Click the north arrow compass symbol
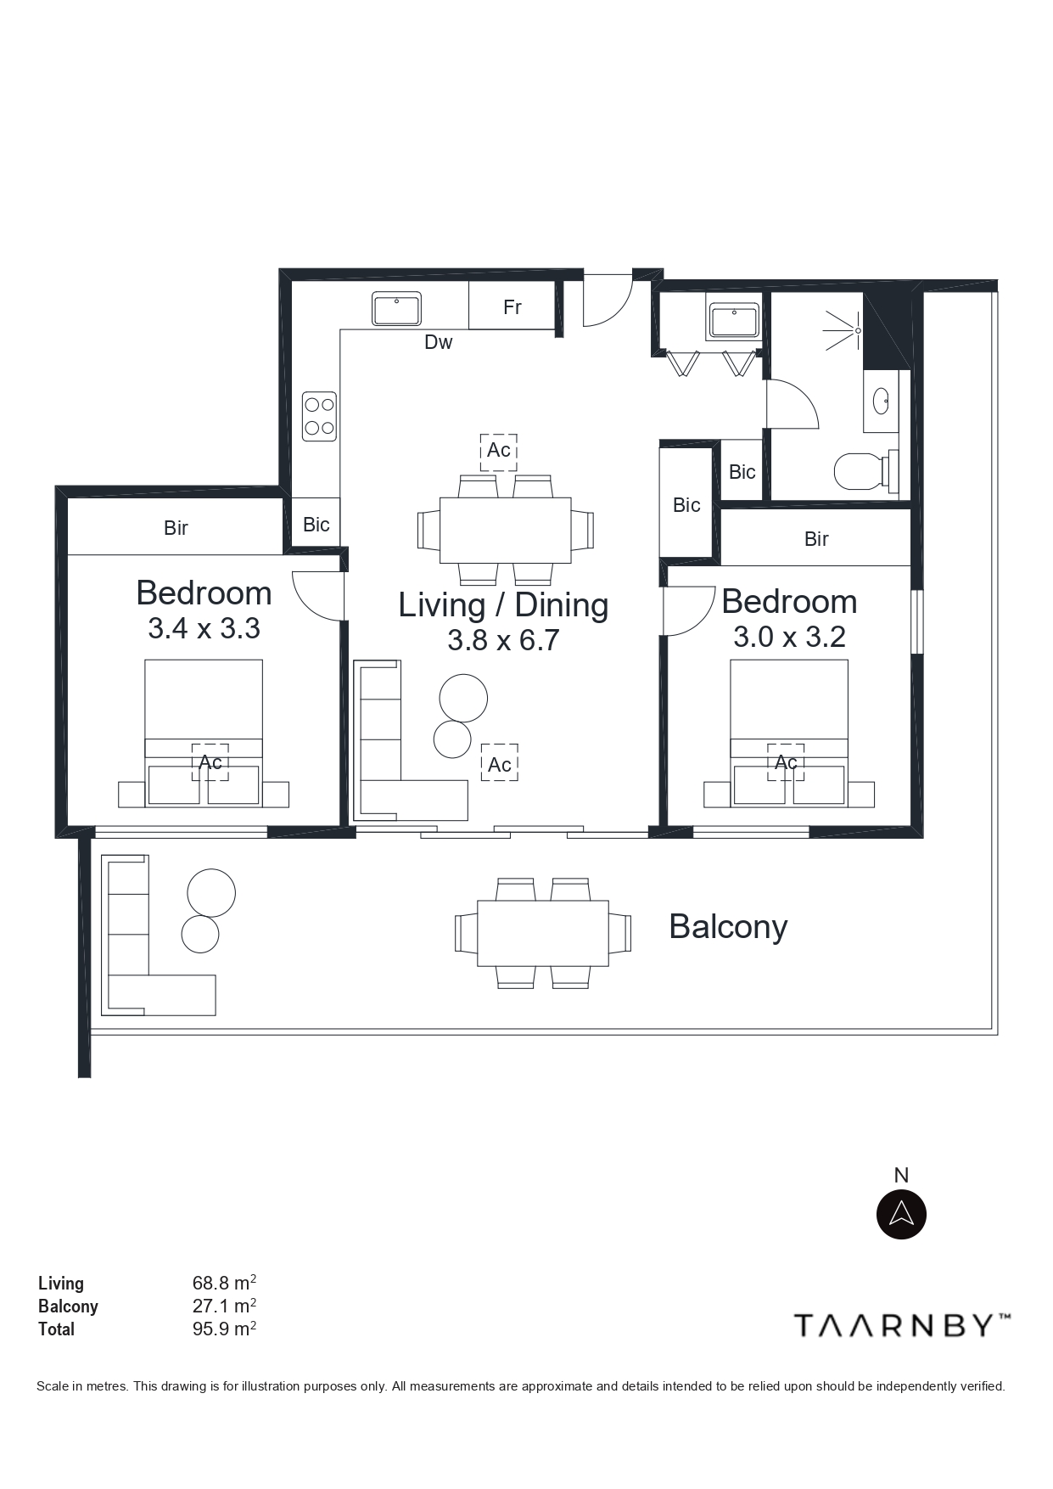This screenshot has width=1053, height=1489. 901,1214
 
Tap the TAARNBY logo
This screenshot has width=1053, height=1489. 902,1325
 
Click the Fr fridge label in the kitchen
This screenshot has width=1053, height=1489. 512,307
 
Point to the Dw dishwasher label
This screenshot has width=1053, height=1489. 439,342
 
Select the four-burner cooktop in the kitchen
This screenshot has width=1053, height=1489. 320,416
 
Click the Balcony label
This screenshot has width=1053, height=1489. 728,926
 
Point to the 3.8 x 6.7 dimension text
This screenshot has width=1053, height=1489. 503,640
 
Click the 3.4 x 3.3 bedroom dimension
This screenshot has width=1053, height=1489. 204,628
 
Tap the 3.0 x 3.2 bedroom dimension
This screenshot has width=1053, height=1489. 789,637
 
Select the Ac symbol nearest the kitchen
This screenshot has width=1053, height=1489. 499,449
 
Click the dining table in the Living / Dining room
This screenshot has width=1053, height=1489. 505,531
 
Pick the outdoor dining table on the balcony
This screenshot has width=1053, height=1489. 543,933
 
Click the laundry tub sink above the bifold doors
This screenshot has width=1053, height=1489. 734,321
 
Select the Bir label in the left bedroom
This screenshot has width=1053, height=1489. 176,528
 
